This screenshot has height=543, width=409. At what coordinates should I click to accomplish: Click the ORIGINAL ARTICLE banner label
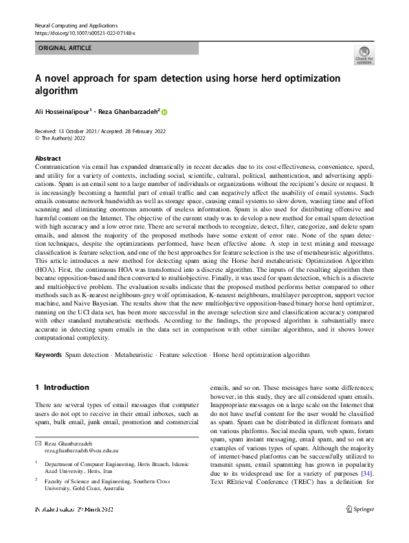65,48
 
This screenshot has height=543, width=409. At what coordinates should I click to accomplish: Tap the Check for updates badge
364,56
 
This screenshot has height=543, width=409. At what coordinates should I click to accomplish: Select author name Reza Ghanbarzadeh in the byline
129,111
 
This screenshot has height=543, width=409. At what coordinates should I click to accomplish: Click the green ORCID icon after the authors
165,111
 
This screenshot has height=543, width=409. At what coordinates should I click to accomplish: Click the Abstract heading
47,157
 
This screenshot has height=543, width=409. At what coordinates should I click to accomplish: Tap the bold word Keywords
48,355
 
